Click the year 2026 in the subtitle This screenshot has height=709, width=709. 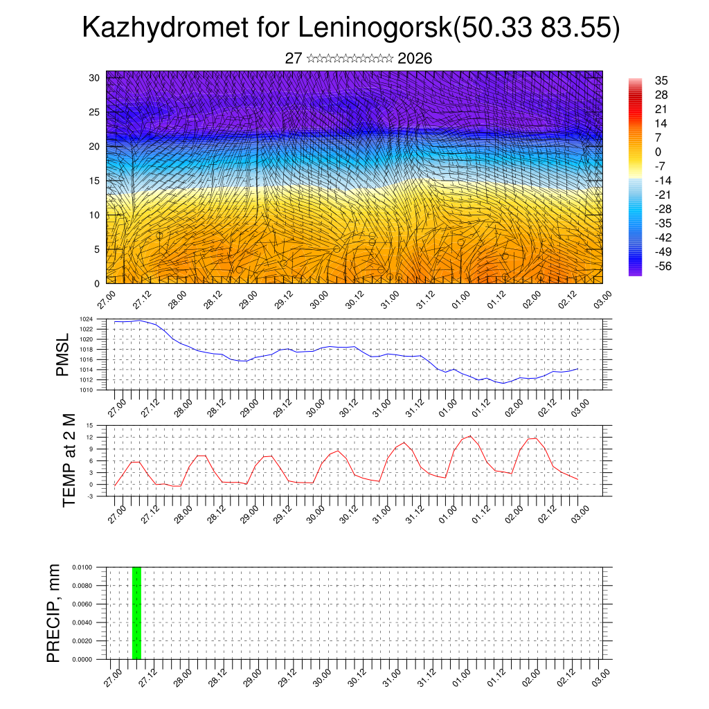coord(415,59)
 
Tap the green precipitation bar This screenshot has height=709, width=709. coord(136,613)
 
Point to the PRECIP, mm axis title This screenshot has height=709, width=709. coord(54,613)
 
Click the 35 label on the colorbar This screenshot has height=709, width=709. coord(662,81)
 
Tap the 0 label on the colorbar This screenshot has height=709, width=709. coord(658,152)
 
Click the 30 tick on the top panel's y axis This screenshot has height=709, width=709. coord(95,78)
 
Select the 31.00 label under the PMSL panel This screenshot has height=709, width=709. coord(392,406)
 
